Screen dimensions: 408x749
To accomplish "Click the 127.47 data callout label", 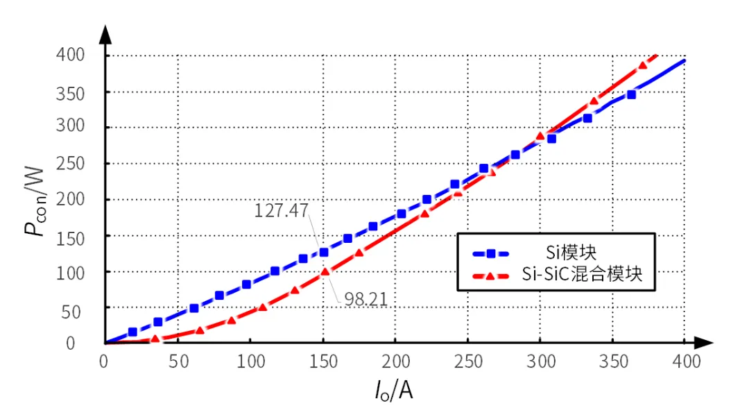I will point(280,210).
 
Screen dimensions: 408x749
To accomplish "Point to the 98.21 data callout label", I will point(365,299).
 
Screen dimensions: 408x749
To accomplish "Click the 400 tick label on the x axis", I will point(685,362).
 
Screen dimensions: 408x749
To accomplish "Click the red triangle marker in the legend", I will point(490,275).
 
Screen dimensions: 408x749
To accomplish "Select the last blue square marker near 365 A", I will point(631,94).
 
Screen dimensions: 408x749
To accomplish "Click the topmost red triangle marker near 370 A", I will point(642,65).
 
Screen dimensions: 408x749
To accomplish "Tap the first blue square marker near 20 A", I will point(132,332).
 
